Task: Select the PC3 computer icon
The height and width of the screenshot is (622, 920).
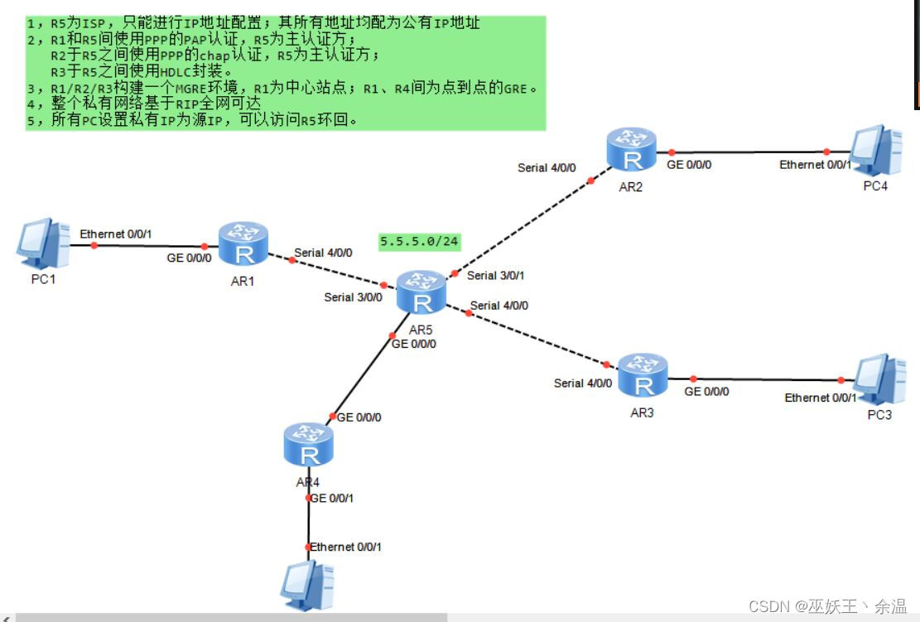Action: [879, 379]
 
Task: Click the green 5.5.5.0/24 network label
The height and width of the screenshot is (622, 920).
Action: [419, 242]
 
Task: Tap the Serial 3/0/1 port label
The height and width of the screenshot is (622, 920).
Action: [495, 276]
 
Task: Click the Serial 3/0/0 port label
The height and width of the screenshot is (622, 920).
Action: [353, 297]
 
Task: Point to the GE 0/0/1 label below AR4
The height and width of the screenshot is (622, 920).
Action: [331, 498]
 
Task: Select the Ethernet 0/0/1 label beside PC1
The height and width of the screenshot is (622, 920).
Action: [116, 234]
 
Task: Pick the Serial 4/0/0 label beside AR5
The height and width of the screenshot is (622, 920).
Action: [499, 306]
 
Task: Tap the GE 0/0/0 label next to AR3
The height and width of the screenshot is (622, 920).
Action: [706, 391]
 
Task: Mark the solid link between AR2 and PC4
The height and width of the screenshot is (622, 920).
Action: [749, 152]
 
